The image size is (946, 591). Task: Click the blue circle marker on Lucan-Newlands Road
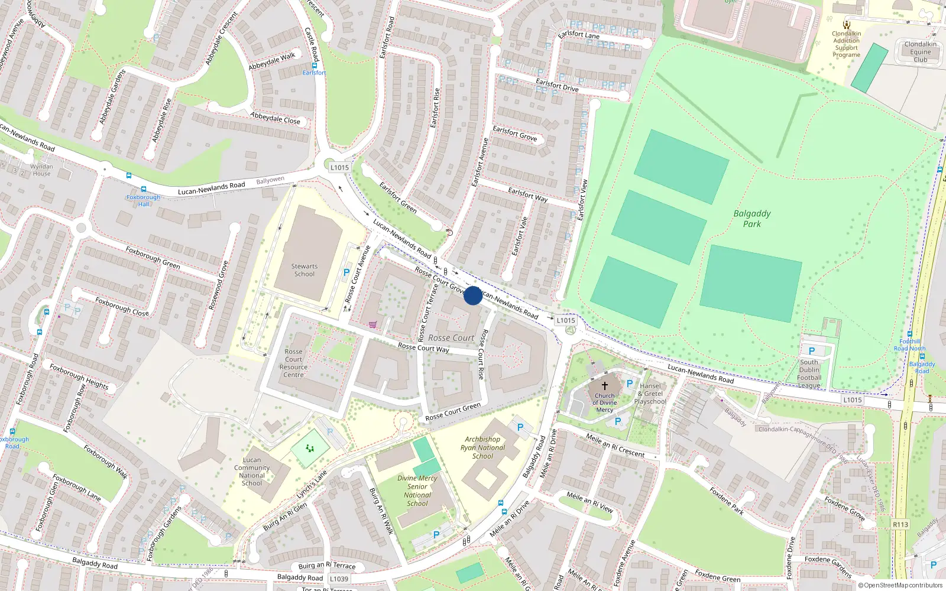coord(472,295)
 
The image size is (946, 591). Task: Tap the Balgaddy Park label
coord(752,219)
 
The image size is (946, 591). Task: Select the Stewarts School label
coord(304,270)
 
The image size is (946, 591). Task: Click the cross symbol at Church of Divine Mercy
coord(605,385)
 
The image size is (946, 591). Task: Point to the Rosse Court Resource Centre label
coord(293,363)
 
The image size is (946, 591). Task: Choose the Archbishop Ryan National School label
coord(482,447)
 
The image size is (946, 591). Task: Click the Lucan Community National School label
coord(252,471)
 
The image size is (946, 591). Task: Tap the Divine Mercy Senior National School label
coord(417,491)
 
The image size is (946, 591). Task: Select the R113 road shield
coord(900,524)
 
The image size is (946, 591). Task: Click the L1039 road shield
coord(339,579)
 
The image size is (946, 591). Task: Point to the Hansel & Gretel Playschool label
coord(650,394)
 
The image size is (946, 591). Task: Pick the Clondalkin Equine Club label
coord(920,51)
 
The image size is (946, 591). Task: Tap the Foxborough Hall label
coord(144,200)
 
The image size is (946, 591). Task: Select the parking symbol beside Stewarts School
coord(346,272)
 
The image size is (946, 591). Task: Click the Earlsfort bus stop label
coord(314,73)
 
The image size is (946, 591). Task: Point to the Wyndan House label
coord(41,170)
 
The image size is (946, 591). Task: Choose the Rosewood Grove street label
coord(218,285)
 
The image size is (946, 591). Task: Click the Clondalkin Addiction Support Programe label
coord(847,44)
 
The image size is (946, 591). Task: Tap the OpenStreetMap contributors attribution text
coord(900,586)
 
